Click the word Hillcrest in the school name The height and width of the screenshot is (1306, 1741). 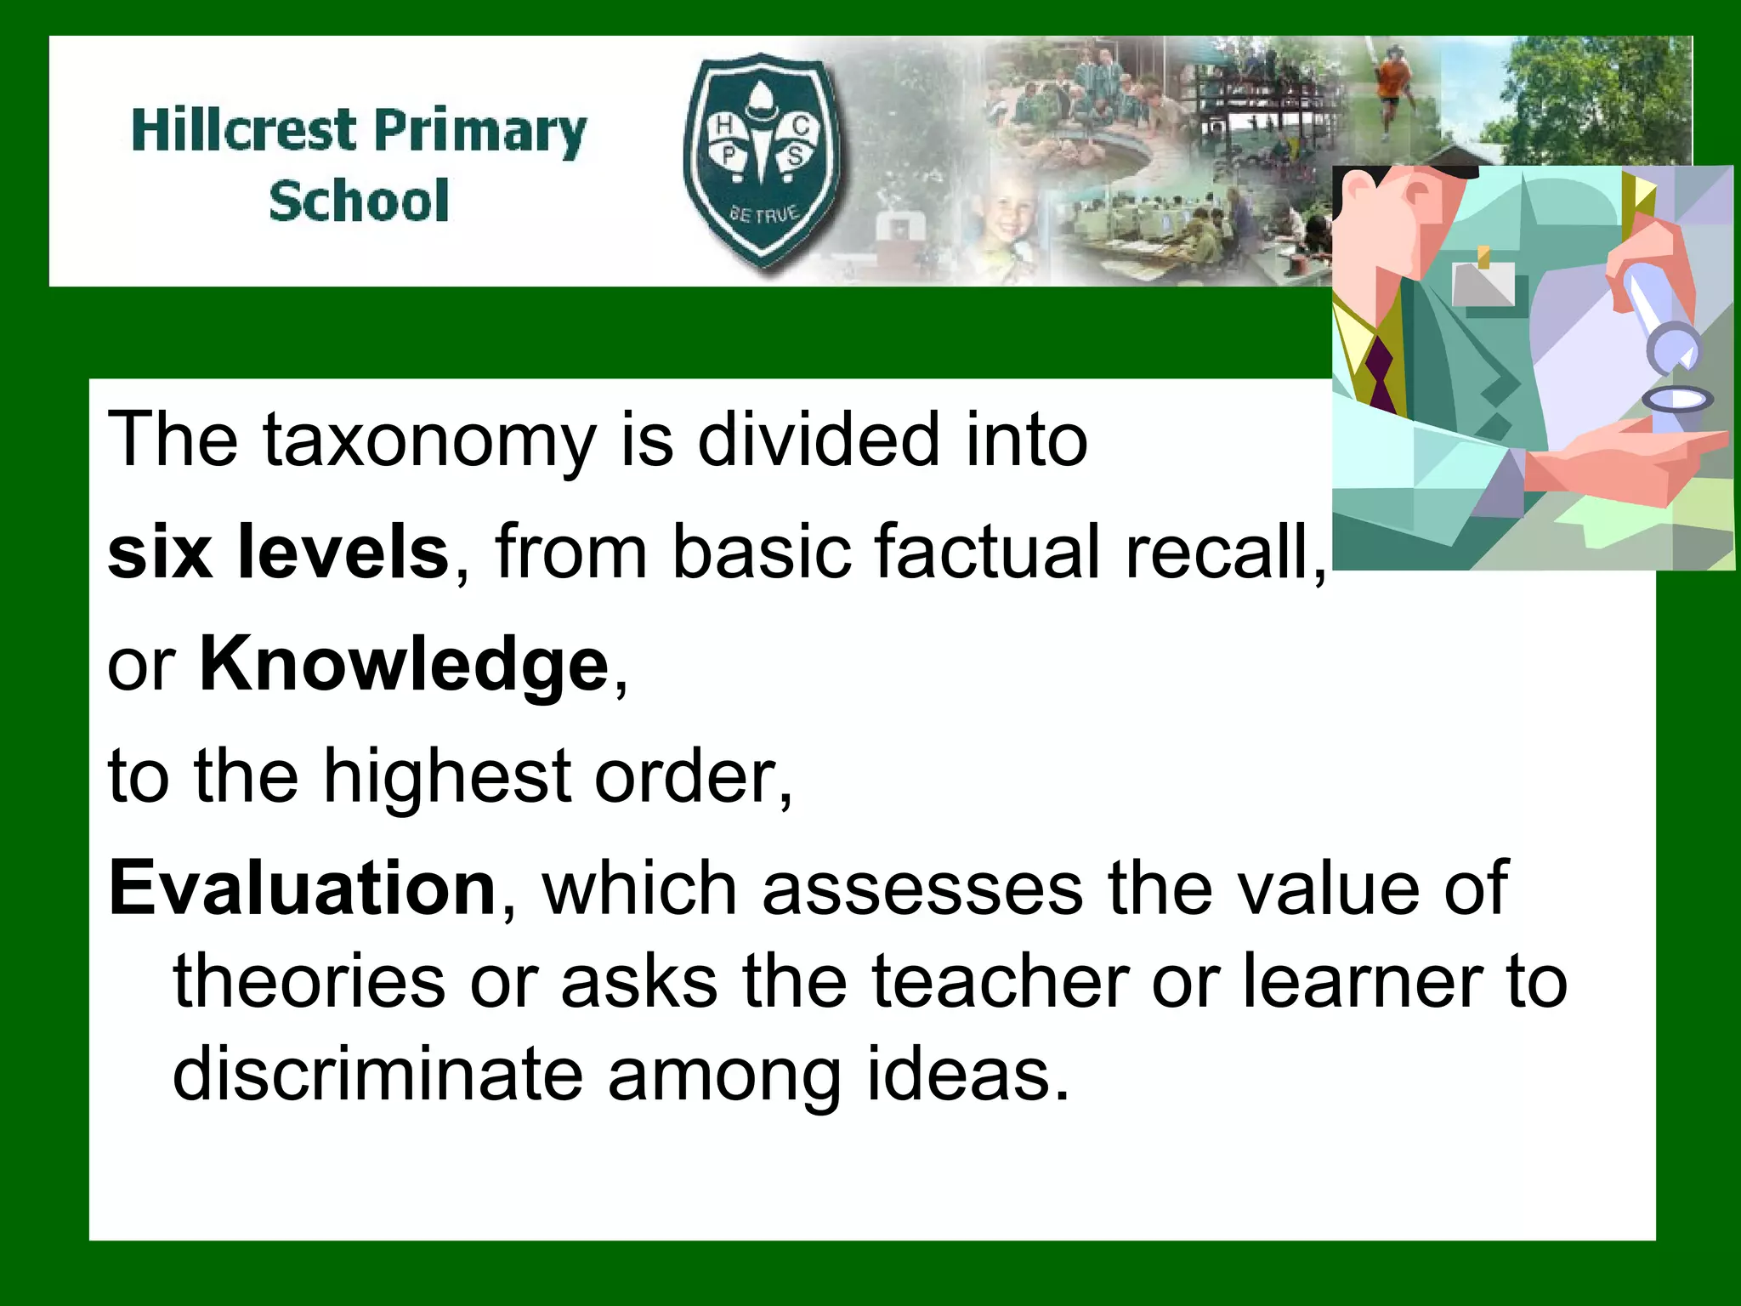(244, 131)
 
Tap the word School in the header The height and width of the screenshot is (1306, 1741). (359, 202)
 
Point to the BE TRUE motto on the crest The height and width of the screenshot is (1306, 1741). (763, 213)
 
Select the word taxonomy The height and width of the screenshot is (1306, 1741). (430, 440)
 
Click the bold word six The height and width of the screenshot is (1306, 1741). (160, 553)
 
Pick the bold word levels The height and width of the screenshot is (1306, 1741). (343, 553)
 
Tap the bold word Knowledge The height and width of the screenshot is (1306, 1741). (405, 665)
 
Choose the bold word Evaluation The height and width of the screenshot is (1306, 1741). (303, 889)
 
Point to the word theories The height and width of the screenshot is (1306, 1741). (309, 982)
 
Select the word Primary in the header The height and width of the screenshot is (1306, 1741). (479, 133)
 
